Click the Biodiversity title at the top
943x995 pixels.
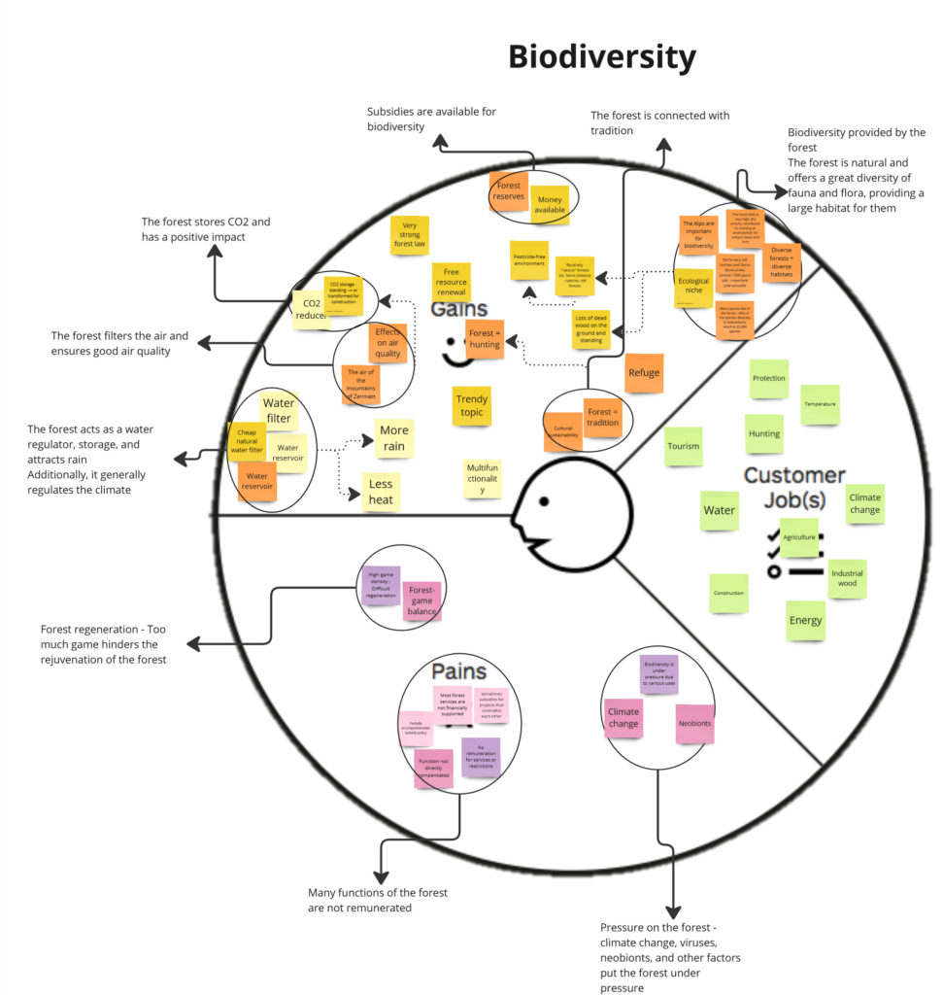pyautogui.click(x=602, y=58)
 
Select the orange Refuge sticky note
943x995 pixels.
pyautogui.click(x=644, y=373)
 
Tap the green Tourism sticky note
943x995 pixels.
pyautogui.click(x=684, y=446)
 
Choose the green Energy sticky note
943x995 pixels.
pyautogui.click(x=805, y=620)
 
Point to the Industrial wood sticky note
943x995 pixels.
pyautogui.click(x=846, y=578)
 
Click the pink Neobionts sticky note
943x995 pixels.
pyautogui.click(x=694, y=724)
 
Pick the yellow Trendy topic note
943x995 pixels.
pyautogui.click(x=472, y=405)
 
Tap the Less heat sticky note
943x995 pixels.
pyautogui.click(x=380, y=493)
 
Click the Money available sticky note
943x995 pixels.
pyautogui.click(x=550, y=204)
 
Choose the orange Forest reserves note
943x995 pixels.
pyautogui.click(x=508, y=190)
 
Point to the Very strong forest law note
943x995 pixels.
pyautogui.click(x=410, y=236)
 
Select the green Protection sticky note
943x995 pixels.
pyautogui.click(x=769, y=379)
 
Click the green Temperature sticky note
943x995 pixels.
pyautogui.click(x=819, y=403)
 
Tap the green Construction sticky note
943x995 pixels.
pyautogui.click(x=728, y=593)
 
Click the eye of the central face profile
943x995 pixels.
pyautogui.click(x=545, y=501)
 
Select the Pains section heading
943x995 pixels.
pyautogui.click(x=458, y=671)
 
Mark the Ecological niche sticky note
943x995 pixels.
pyautogui.click(x=693, y=287)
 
